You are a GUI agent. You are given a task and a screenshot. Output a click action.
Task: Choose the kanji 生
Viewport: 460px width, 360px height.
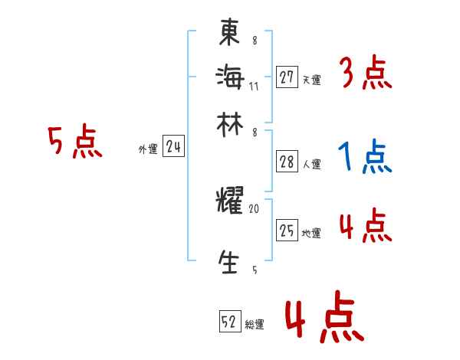(x=229, y=262)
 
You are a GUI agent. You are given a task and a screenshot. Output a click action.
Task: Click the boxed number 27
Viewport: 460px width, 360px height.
(x=287, y=77)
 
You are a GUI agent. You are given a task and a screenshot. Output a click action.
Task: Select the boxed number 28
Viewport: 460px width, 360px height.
(x=287, y=162)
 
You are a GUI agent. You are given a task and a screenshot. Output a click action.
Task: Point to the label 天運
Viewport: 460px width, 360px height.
(x=311, y=79)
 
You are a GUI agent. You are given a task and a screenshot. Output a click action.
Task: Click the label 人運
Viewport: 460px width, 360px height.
(x=311, y=164)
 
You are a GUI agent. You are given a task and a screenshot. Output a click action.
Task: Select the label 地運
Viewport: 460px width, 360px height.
(x=311, y=233)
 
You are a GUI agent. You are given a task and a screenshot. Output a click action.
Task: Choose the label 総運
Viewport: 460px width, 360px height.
(x=255, y=325)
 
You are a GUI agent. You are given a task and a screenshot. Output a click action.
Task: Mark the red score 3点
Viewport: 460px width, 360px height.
(x=365, y=74)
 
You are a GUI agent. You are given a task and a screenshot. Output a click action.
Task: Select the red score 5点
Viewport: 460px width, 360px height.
(x=74, y=142)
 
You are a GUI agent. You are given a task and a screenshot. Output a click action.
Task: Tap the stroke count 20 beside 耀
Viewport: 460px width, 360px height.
(x=255, y=208)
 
